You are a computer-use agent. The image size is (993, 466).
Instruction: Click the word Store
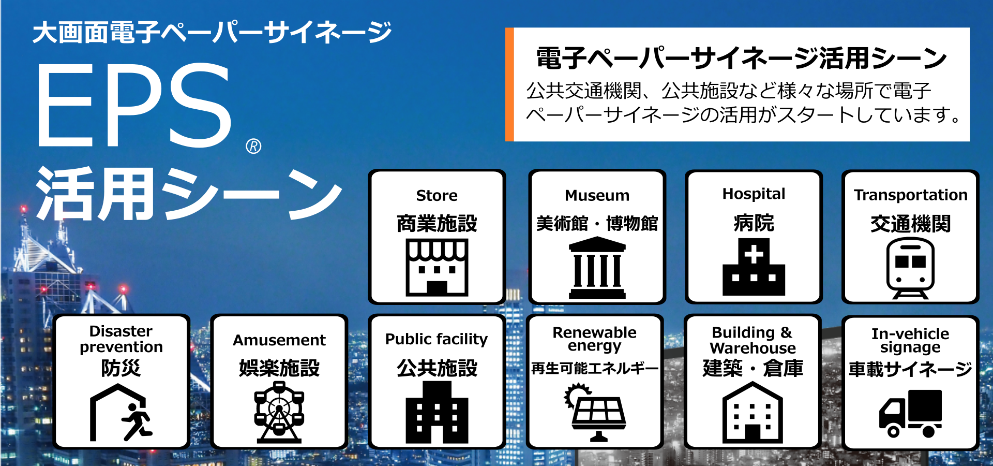click(x=437, y=196)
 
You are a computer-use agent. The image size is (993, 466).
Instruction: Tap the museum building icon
click(x=597, y=268)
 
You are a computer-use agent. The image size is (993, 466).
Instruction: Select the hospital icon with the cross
click(x=754, y=267)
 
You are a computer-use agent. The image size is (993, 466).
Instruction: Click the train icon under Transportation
click(x=910, y=268)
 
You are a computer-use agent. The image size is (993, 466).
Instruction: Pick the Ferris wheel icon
click(x=279, y=412)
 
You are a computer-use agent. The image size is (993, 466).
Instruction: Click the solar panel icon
click(x=595, y=412)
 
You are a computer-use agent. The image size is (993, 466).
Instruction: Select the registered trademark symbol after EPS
click(x=253, y=147)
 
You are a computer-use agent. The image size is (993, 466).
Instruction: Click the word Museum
click(x=597, y=196)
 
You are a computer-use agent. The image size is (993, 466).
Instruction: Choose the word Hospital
click(x=754, y=194)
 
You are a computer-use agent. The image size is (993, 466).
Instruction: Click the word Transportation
click(x=910, y=195)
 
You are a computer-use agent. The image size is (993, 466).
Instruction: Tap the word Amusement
click(x=279, y=340)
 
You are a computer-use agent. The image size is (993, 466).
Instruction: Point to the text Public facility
click(x=437, y=339)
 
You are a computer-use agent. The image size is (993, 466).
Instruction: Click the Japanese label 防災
click(x=121, y=368)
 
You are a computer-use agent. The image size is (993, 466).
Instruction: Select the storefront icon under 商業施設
click(x=437, y=267)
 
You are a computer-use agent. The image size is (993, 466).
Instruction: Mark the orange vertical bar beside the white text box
click(x=509, y=84)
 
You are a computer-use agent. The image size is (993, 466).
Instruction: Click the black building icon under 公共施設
click(x=437, y=412)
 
